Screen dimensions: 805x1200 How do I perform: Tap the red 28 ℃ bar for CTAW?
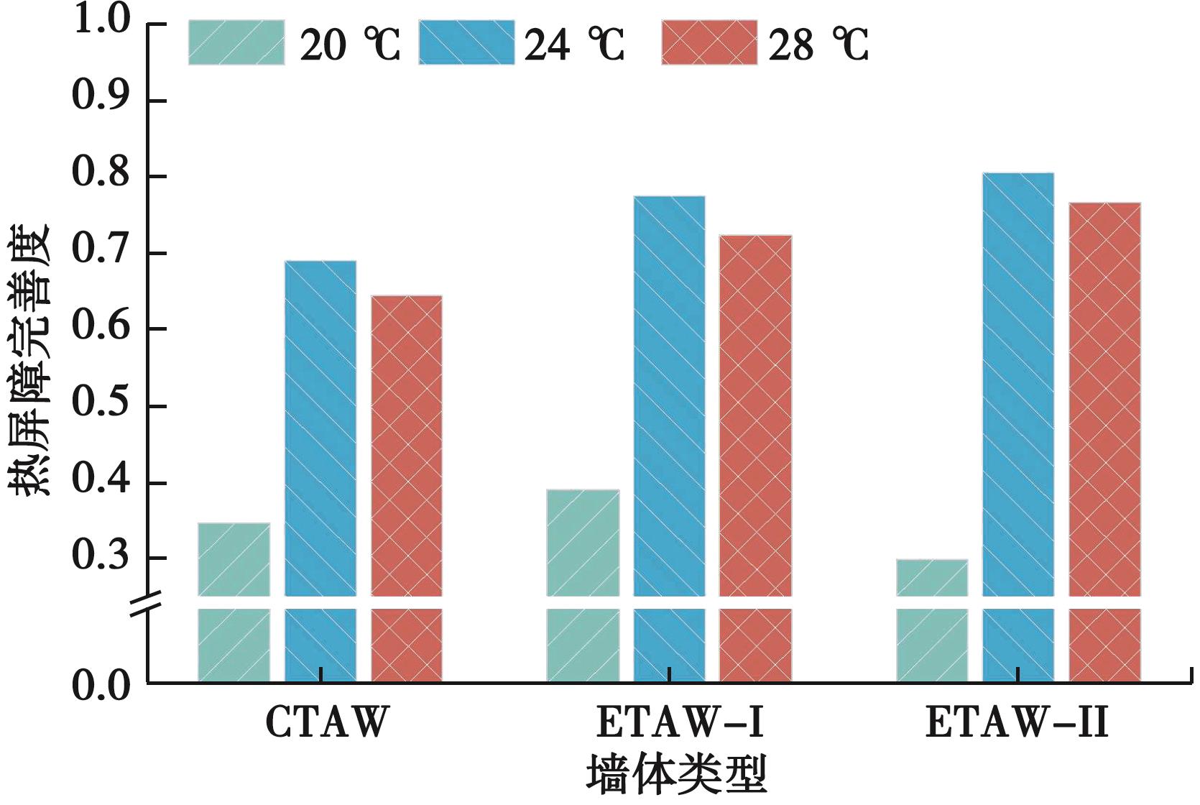[x=407, y=446]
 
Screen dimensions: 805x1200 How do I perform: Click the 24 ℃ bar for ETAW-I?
[x=669, y=395]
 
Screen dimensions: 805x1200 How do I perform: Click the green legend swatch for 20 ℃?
[x=236, y=43]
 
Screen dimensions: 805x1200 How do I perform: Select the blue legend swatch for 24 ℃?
[x=466, y=43]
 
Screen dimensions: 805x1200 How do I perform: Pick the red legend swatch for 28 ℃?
[x=709, y=43]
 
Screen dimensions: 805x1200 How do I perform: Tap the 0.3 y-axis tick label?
[x=101, y=556]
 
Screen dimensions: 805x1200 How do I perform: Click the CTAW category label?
[x=327, y=722]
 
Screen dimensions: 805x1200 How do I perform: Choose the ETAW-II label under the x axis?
[x=1017, y=722]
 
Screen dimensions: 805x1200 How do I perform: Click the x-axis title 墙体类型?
[x=676, y=775]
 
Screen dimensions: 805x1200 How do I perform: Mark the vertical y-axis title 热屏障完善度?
[x=30, y=359]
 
